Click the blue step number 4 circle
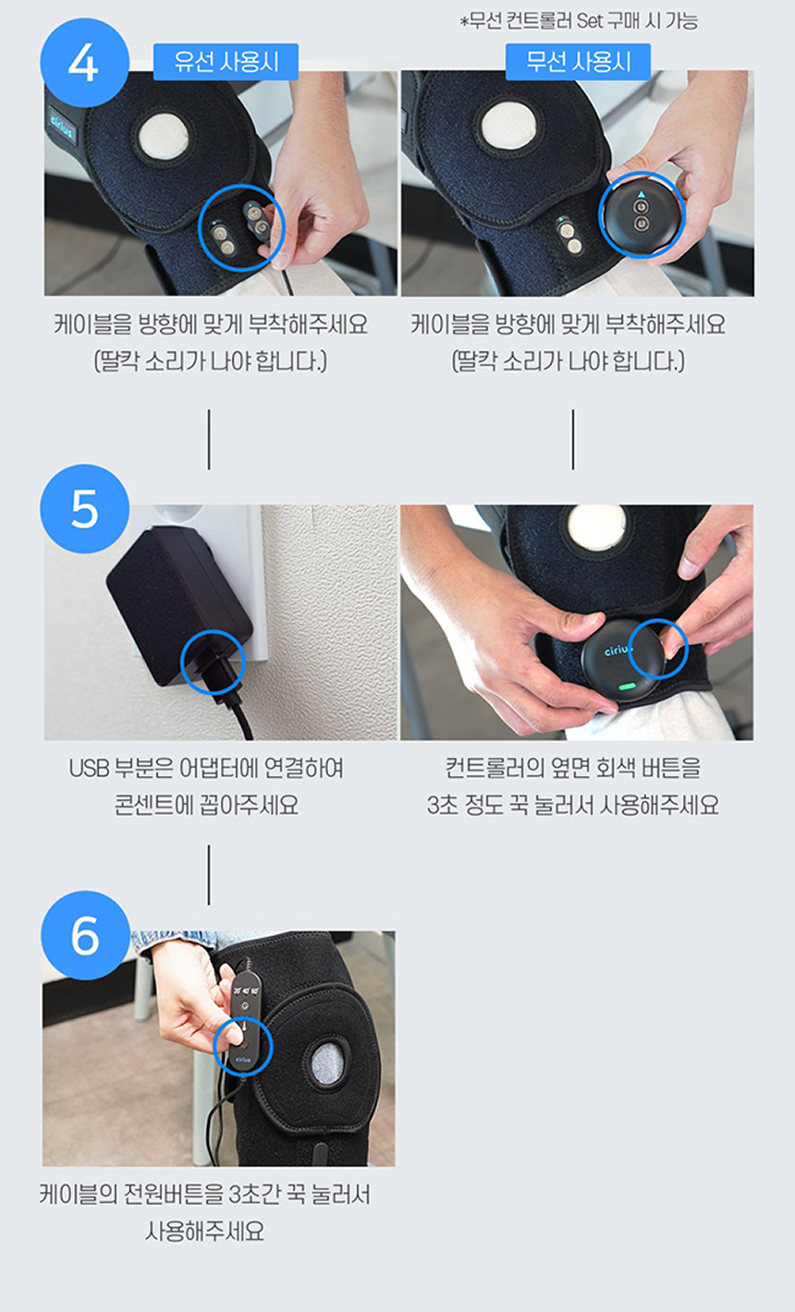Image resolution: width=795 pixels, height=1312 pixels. click(84, 62)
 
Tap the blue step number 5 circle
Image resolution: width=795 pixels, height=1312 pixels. click(84, 508)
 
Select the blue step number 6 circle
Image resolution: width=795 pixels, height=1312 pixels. click(85, 935)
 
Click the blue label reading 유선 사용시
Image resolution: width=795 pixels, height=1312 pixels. click(226, 62)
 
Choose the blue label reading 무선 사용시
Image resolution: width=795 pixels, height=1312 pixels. click(578, 62)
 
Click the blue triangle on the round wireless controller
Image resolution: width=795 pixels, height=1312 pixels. click(642, 194)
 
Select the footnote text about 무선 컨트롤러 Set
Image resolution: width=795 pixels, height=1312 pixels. click(579, 21)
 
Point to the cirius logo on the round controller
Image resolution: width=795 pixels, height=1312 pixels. click(618, 650)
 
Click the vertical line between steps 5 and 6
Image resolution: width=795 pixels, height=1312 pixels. click(209, 874)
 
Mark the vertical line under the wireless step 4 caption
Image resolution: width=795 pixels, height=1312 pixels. click(573, 439)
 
